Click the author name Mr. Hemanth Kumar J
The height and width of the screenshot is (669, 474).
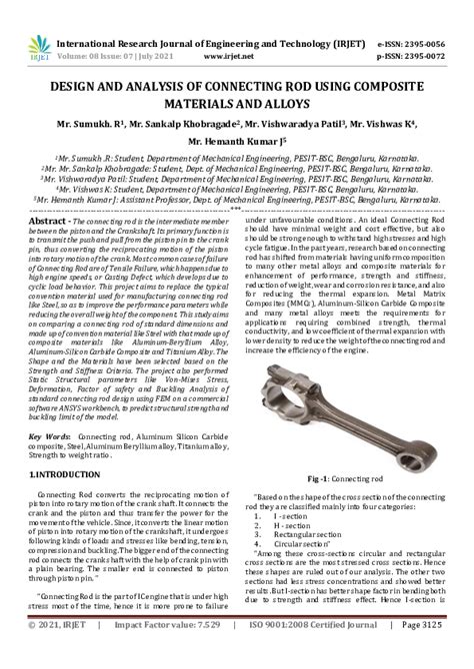click(236, 141)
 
